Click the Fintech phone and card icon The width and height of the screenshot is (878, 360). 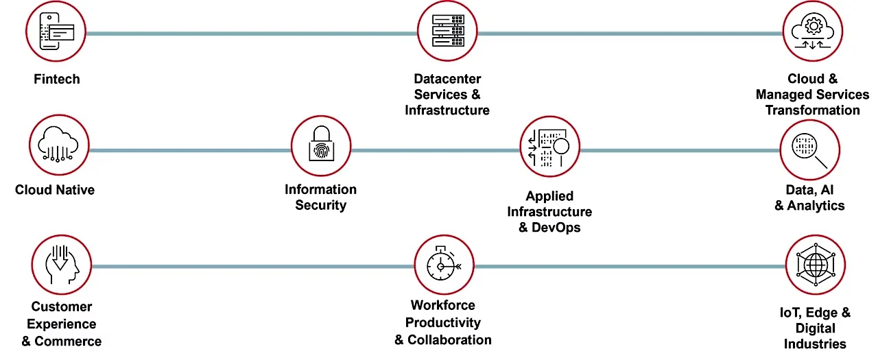[56, 31]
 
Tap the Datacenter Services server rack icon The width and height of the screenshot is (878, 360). [447, 31]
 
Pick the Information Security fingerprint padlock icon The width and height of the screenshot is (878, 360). [320, 145]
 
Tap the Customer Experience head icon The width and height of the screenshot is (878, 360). [62, 266]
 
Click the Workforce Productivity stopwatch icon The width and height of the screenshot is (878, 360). [444, 265]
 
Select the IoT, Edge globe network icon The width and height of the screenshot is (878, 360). [815, 265]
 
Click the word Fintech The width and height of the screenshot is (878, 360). [57, 80]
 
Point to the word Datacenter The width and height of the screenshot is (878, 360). [447, 80]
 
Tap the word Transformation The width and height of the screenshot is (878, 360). [812, 110]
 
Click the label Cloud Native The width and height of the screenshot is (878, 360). [55, 190]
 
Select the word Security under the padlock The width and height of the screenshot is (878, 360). [320, 205]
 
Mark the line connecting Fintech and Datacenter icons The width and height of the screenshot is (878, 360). [251, 33]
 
